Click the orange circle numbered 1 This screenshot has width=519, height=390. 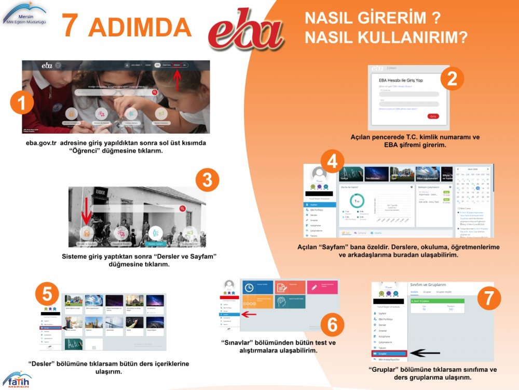[22, 103]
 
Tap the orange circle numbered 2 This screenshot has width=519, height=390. [452, 79]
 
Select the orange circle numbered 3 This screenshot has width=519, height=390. [207, 180]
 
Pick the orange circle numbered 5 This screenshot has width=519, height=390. [47, 294]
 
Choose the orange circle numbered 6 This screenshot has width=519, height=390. [332, 325]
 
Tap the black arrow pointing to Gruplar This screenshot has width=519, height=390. [424, 354]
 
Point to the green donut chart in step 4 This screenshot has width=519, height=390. [357, 201]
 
